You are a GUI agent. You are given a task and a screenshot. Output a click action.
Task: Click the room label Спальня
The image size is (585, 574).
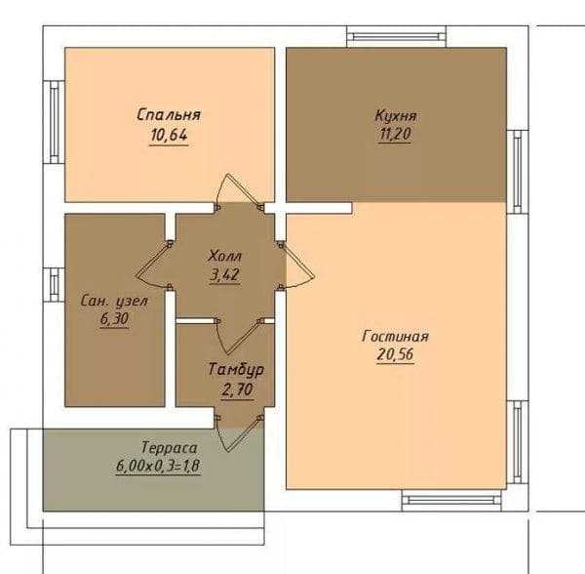[x=169, y=114]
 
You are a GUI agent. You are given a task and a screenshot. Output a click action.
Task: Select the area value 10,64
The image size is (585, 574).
[x=169, y=135]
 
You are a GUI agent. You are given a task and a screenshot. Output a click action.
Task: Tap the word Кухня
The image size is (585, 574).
[x=396, y=115]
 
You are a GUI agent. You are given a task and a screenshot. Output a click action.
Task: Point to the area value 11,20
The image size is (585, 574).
[x=395, y=134]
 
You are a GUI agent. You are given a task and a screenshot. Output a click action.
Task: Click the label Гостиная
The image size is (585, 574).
[x=396, y=336]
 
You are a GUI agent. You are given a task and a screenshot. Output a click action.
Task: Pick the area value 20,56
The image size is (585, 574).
[x=396, y=354]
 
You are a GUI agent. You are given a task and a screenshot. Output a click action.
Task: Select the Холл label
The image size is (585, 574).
[x=225, y=256]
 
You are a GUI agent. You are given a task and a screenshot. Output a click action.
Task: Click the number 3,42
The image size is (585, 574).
[x=224, y=275]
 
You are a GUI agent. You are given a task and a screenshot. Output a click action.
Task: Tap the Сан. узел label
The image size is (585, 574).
[x=114, y=301]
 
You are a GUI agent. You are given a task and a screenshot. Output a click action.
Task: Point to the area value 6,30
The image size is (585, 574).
[x=114, y=319]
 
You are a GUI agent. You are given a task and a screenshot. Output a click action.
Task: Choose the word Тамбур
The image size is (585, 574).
[x=237, y=369]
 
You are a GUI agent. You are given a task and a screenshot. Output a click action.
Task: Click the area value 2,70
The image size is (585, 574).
[x=237, y=389]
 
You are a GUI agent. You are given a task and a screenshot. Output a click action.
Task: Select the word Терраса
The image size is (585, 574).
[x=169, y=447]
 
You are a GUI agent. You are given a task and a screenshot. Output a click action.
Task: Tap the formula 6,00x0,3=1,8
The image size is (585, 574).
[x=159, y=466]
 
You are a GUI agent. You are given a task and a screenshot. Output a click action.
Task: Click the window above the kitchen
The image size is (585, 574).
[x=397, y=36]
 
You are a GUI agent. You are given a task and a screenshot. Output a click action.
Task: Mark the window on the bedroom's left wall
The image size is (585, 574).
[x=54, y=122]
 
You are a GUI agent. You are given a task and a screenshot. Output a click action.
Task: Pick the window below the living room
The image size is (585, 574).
[x=451, y=500]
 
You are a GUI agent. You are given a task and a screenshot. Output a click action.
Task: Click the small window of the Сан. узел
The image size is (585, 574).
[x=54, y=285]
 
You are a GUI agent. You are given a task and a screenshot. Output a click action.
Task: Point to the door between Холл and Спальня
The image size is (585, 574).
[x=239, y=191]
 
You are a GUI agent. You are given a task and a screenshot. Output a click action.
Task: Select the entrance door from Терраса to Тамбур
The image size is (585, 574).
[x=239, y=432]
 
